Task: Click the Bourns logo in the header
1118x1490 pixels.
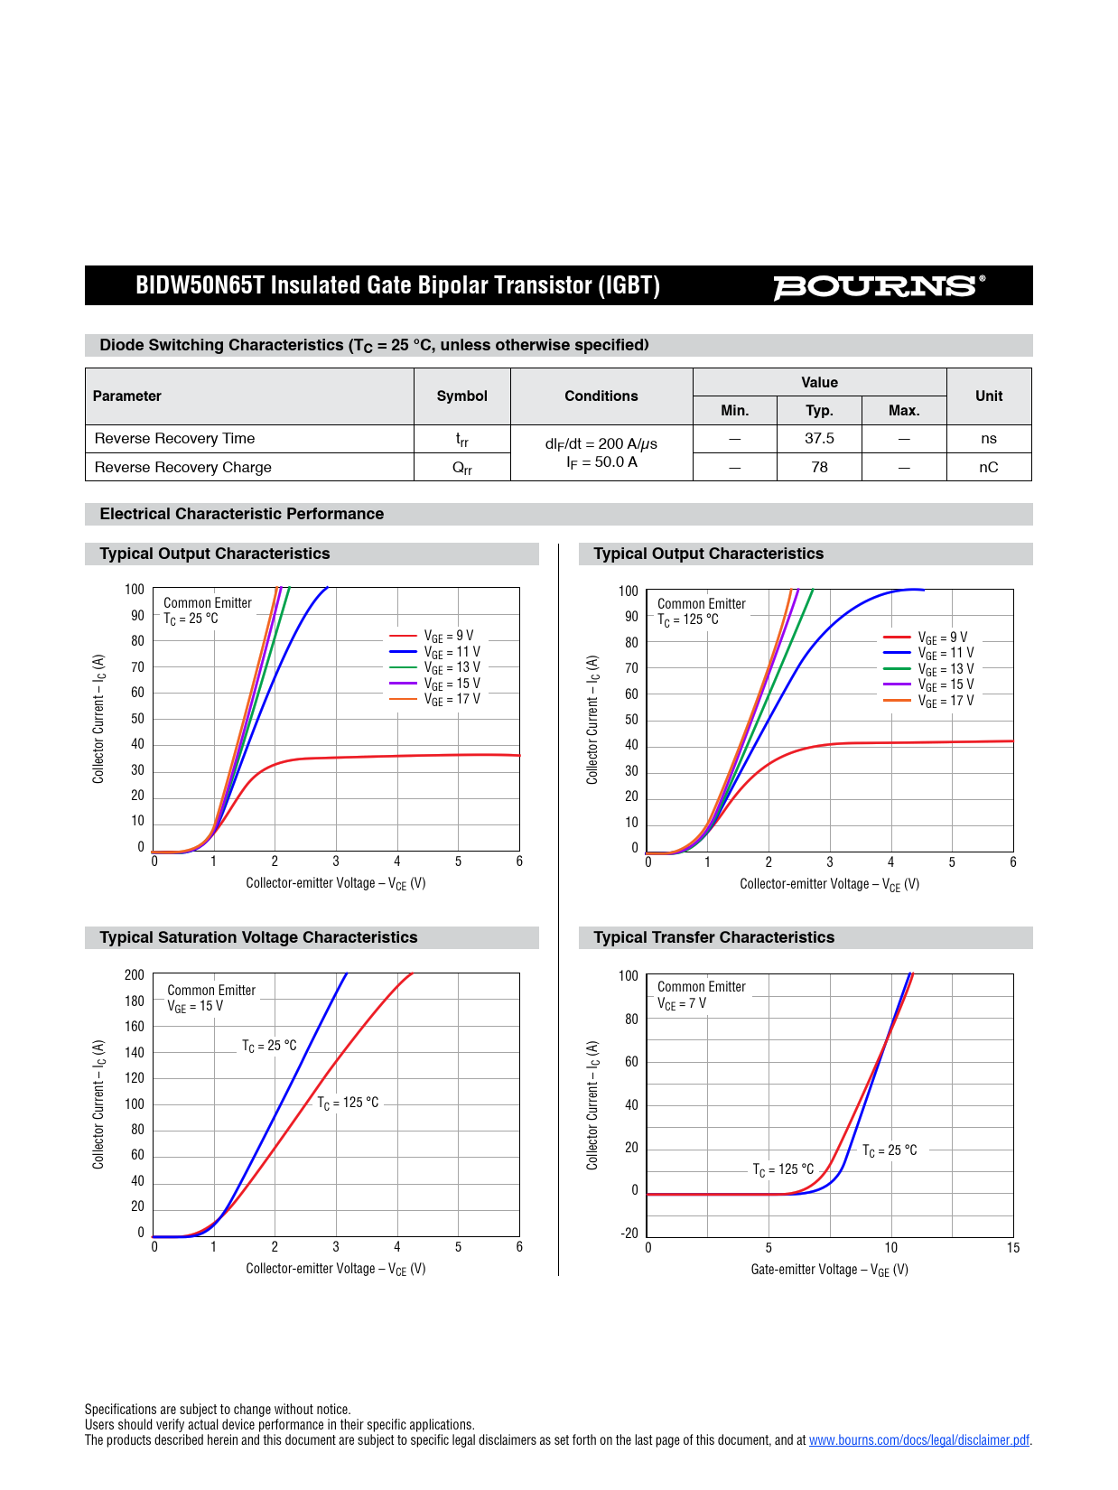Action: [x=878, y=286]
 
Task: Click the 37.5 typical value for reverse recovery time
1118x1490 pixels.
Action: [x=819, y=439]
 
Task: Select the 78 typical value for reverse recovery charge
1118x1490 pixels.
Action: [x=819, y=467]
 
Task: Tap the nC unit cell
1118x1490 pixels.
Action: [x=988, y=467]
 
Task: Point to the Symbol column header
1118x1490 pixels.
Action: [x=461, y=396]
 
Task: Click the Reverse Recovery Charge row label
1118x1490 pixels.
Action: [x=183, y=467]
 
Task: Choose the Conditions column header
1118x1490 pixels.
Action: [x=601, y=396]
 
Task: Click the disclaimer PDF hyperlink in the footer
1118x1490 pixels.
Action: [x=918, y=1440]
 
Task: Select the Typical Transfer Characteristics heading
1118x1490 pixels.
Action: [x=713, y=937]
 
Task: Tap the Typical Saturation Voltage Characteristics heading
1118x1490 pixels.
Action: [x=258, y=937]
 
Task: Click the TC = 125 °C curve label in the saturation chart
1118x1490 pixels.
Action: [x=348, y=1103]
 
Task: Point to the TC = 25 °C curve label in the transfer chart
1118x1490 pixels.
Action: [x=890, y=1150]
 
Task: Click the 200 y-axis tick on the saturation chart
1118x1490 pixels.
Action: [x=135, y=975]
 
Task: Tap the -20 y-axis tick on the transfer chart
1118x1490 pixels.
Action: [x=629, y=1234]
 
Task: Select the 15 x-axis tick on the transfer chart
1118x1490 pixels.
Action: [x=1013, y=1248]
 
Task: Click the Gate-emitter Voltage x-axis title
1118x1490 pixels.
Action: [x=829, y=1270]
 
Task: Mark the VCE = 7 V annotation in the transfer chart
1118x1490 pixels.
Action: [x=682, y=1003]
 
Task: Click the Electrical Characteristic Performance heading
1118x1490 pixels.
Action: [x=242, y=514]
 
